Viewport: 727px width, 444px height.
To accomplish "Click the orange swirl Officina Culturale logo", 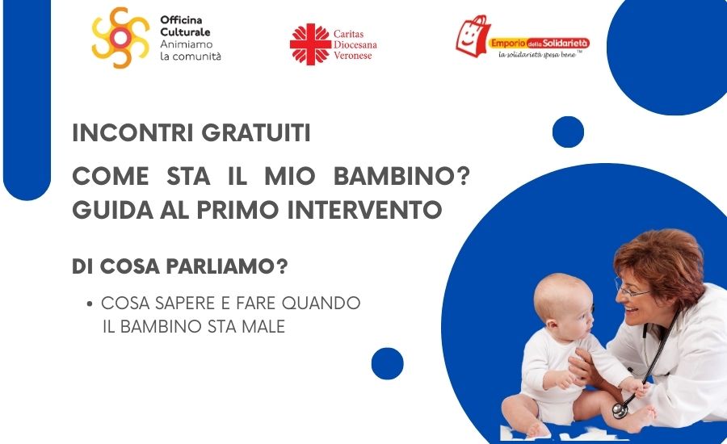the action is click(120, 38).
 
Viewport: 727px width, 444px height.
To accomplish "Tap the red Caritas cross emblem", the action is click(310, 44).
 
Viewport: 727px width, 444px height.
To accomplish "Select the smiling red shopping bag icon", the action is click(473, 36).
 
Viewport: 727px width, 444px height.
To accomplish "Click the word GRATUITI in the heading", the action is click(256, 133).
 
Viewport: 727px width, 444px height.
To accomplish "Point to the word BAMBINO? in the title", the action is click(402, 177).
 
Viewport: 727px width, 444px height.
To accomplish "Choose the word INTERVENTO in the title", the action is click(364, 210).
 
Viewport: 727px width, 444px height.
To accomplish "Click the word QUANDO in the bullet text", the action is click(321, 303).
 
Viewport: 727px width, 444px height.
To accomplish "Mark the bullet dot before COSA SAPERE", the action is click(90, 304).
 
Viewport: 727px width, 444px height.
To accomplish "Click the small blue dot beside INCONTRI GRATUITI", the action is click(568, 132).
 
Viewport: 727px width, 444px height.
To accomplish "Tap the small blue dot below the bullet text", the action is click(387, 364).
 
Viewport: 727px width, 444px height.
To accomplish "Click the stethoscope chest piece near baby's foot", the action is click(620, 410).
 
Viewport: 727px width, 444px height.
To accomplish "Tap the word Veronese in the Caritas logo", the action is click(353, 56).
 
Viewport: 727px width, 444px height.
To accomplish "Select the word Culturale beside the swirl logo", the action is click(185, 32).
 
